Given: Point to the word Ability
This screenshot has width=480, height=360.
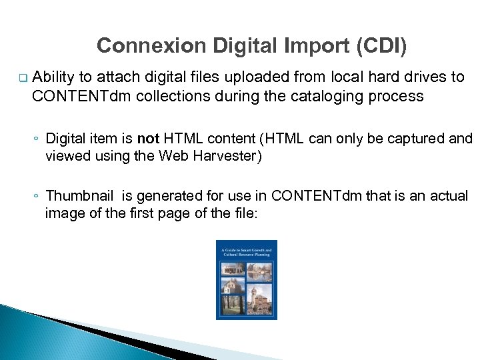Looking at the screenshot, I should click(x=53, y=77).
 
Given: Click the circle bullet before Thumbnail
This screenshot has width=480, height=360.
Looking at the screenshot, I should click(x=37, y=197).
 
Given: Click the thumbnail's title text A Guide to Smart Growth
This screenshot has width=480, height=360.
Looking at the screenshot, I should click(x=246, y=252).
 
